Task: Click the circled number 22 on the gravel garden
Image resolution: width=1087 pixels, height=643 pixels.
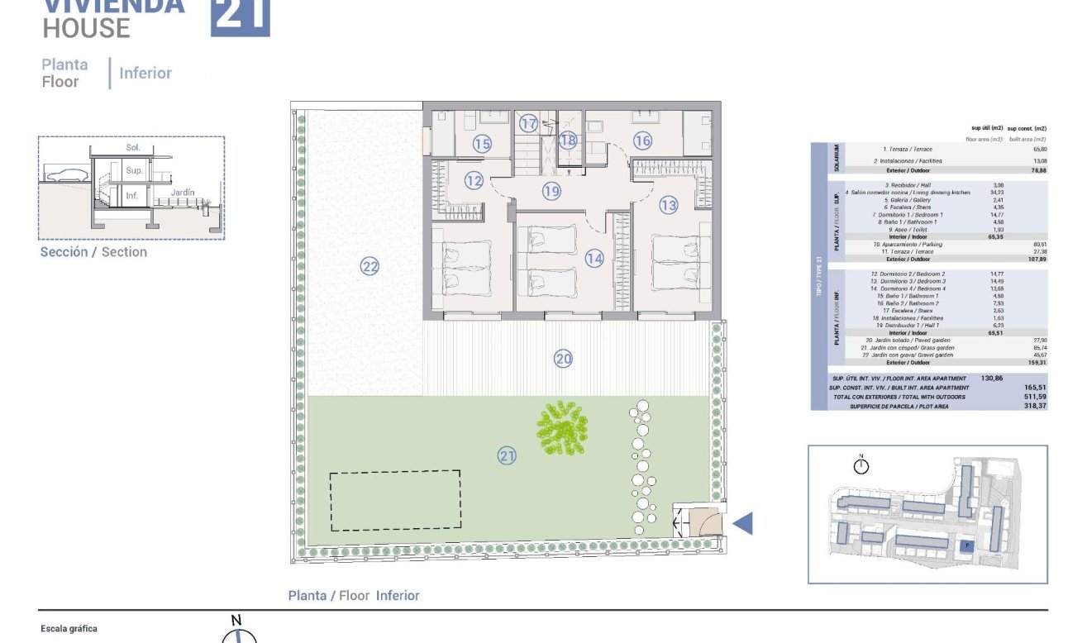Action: (x=369, y=266)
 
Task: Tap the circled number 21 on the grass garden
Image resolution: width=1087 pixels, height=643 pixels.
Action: (x=507, y=455)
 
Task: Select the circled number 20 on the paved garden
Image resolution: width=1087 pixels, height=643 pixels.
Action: (x=564, y=359)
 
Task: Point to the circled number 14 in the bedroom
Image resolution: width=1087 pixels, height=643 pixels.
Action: (x=594, y=259)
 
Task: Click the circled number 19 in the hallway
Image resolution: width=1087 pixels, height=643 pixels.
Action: (x=551, y=192)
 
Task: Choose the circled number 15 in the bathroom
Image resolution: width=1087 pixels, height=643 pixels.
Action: (x=482, y=144)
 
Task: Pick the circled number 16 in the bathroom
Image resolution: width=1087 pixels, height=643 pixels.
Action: (x=642, y=141)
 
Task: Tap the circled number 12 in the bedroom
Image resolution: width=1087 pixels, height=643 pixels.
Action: (x=473, y=180)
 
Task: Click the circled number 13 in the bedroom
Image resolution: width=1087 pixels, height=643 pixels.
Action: (x=668, y=206)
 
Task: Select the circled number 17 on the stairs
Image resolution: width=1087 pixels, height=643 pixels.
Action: (x=529, y=124)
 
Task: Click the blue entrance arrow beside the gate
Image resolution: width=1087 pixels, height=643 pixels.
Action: (x=743, y=522)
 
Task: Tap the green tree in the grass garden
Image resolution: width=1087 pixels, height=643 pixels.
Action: (x=564, y=426)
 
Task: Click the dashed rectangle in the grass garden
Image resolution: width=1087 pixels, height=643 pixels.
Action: (x=395, y=501)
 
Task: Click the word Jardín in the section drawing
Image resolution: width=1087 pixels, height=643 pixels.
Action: (x=183, y=193)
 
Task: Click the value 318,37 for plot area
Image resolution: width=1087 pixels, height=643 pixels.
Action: (x=1034, y=406)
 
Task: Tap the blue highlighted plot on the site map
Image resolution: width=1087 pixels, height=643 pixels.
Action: (x=964, y=545)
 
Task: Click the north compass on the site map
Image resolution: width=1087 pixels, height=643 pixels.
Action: (x=861, y=465)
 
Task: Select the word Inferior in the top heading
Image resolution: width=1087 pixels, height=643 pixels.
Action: (x=145, y=73)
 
